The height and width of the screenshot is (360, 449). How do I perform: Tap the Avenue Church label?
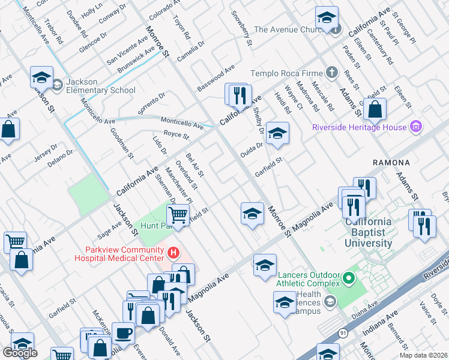tap(289, 29)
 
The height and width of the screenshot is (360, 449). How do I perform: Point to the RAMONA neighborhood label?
tap(391, 163)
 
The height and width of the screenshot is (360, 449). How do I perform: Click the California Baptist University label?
tap(368, 233)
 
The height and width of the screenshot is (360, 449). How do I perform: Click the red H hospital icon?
tap(174, 253)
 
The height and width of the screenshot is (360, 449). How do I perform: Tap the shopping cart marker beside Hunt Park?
tap(178, 214)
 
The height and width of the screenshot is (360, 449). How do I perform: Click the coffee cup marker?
tap(124, 332)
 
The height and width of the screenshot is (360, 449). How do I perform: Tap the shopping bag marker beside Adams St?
tap(375, 109)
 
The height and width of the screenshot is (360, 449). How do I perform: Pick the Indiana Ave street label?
tap(380, 324)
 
